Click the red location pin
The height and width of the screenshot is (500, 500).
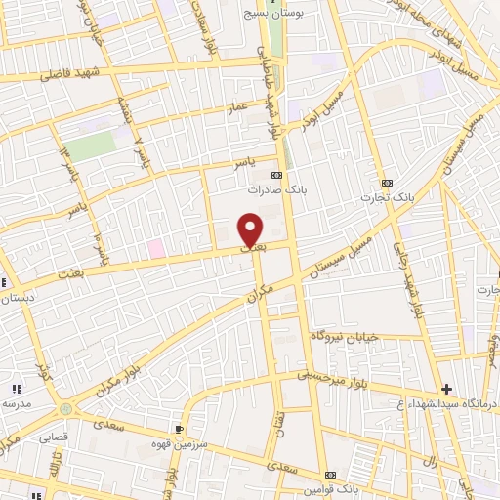(251, 229)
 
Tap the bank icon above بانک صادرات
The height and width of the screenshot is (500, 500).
(288, 175)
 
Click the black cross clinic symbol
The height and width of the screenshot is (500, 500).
(446, 389)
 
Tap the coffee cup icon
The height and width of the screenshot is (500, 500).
(178, 428)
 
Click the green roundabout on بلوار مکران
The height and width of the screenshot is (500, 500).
(65, 409)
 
